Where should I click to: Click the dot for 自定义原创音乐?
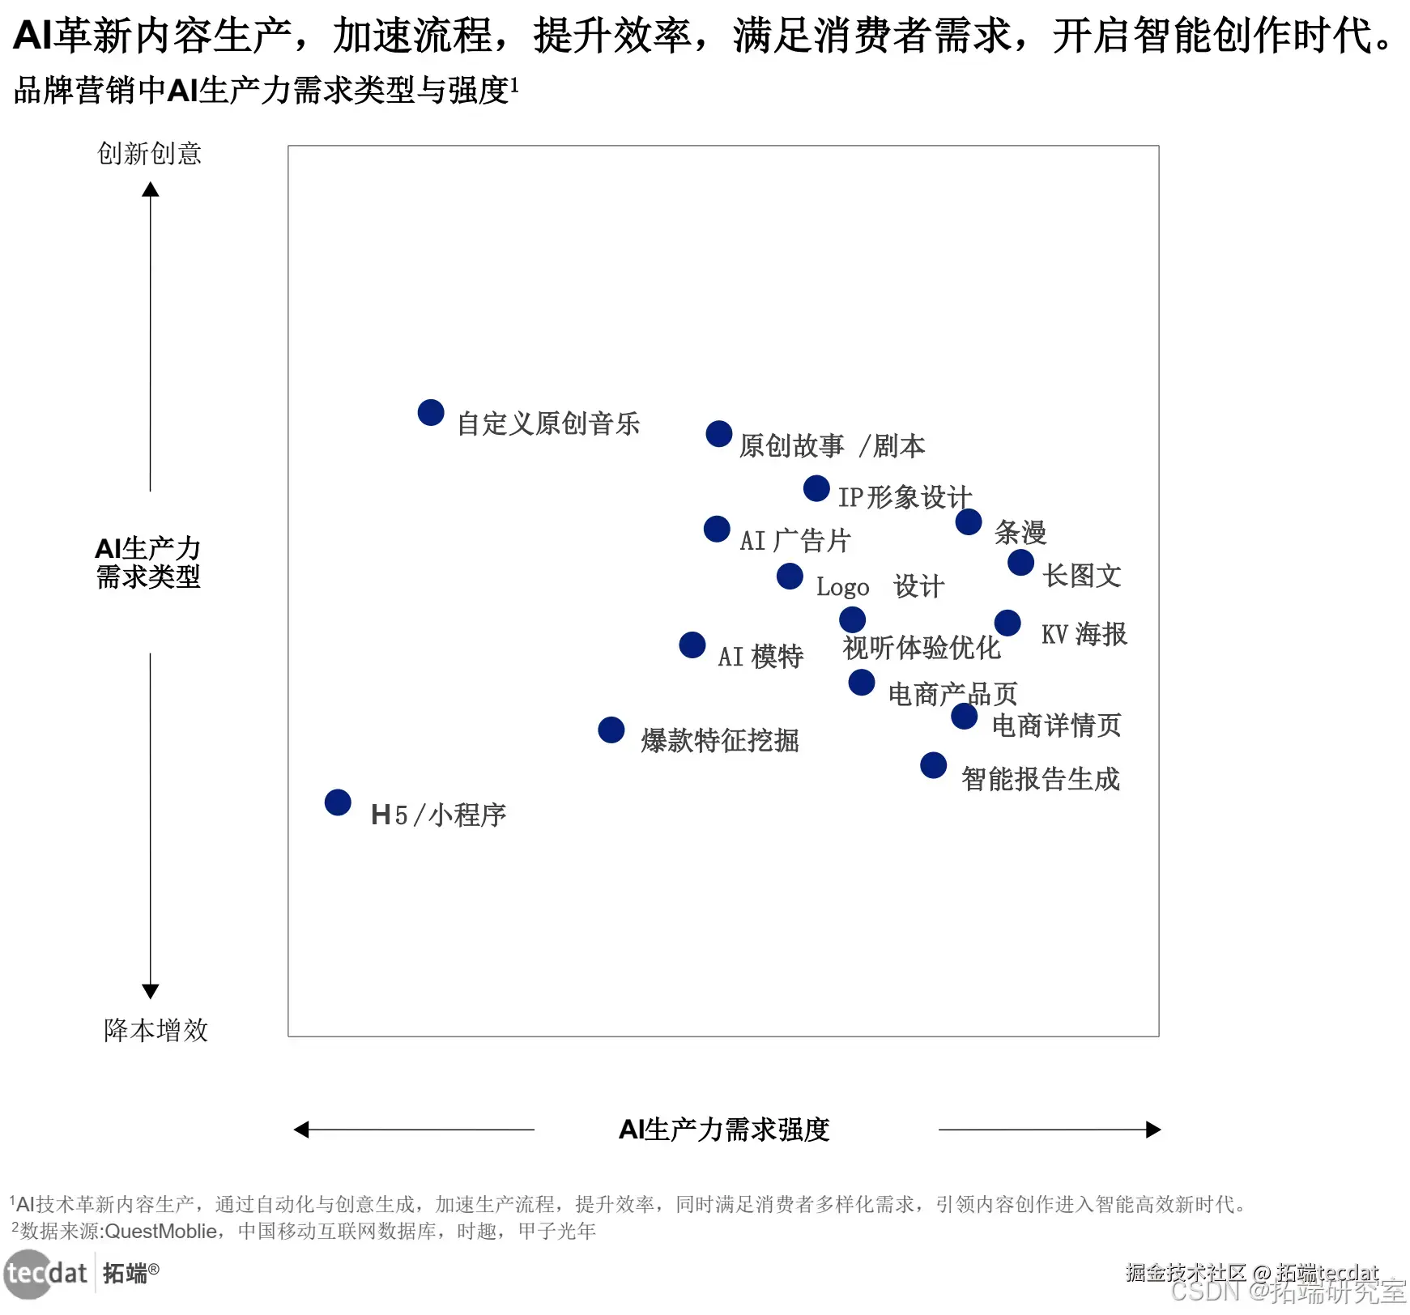431,412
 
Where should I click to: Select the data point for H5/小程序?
338,802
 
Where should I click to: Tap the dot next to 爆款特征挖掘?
611,730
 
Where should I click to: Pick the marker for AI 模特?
692,645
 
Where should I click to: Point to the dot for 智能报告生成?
934,765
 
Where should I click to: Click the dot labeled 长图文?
1021,563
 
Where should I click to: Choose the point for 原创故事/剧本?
719,434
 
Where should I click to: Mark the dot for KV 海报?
1007,623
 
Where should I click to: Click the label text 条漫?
1020,533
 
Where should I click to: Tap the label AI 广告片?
794,541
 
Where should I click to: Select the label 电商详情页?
1056,726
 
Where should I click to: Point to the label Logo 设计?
880,586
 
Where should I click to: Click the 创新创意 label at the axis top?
150,154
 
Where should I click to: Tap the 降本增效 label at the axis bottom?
155,1030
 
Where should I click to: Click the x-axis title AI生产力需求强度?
724,1130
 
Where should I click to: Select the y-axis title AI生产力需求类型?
148,563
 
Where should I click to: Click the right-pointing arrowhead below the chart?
1153,1130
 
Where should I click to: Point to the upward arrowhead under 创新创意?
151,190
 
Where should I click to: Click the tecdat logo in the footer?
47,1274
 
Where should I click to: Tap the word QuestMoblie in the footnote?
161,1232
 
